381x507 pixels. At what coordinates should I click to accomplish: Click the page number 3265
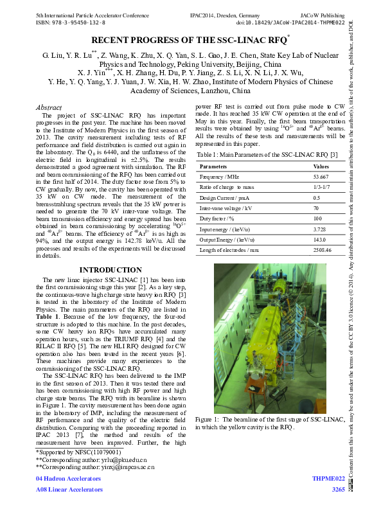(338, 490)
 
